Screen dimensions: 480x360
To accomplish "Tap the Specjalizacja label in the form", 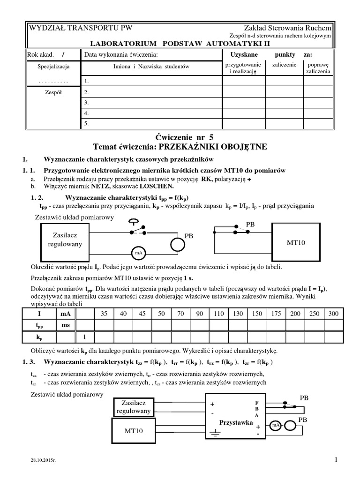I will point(53,67).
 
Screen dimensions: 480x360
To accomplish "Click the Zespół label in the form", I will point(53,92).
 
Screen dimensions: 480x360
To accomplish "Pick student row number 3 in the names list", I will point(86,103).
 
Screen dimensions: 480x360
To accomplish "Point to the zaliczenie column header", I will point(284,65).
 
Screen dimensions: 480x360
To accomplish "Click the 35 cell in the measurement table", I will point(105,314).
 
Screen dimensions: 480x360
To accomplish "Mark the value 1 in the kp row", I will point(85,336).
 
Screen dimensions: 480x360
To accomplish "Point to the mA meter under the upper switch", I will point(138,253).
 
